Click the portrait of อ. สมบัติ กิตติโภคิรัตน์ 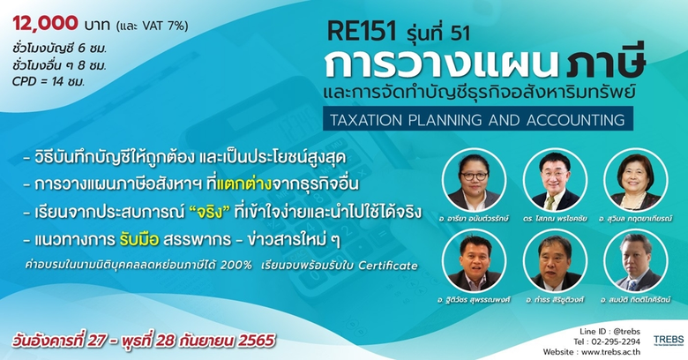coord(634,262)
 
